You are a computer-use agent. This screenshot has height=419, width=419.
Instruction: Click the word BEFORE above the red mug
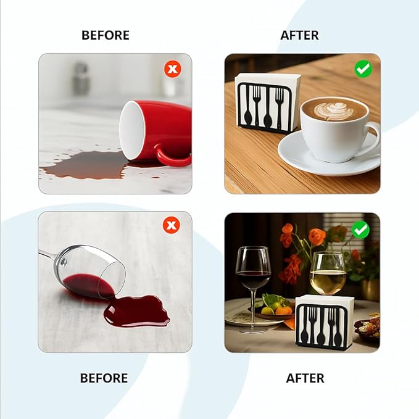point(106,35)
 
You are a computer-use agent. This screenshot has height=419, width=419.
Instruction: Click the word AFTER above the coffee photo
point(299,35)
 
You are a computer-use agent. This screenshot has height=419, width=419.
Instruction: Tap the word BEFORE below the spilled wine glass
point(104,378)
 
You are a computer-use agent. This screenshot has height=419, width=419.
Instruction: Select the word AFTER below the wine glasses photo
point(305,378)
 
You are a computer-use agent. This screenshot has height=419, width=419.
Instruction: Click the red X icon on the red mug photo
point(173,69)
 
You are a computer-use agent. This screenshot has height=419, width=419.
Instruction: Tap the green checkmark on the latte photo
point(363,69)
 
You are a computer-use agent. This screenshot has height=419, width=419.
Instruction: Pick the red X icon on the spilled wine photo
point(172,225)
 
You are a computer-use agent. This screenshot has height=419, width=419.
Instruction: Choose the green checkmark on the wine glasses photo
point(360,230)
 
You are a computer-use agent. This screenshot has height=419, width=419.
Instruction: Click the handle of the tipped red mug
point(171,157)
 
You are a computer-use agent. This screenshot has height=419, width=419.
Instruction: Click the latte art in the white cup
point(330,110)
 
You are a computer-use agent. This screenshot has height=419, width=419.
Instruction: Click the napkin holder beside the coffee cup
point(267,103)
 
